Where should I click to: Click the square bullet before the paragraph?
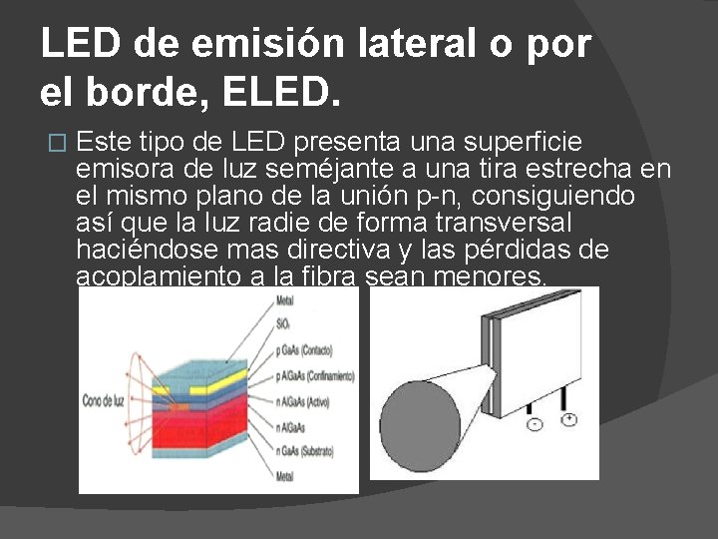(56, 143)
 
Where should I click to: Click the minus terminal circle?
(535, 424)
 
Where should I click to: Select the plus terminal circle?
(568, 420)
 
